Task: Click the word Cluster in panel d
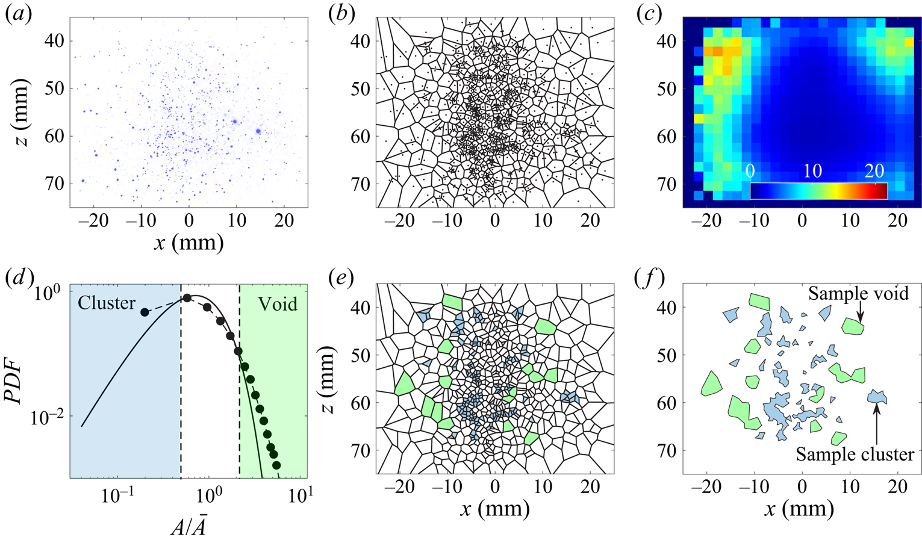pyautogui.click(x=107, y=303)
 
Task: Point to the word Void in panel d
pyautogui.click(x=278, y=303)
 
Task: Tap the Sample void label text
pyautogui.click(x=858, y=293)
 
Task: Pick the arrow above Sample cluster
pyautogui.click(x=876, y=421)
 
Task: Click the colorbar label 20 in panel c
pyautogui.click(x=874, y=171)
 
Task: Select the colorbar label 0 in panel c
pyautogui.click(x=750, y=171)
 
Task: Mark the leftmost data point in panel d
pyautogui.click(x=145, y=312)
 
